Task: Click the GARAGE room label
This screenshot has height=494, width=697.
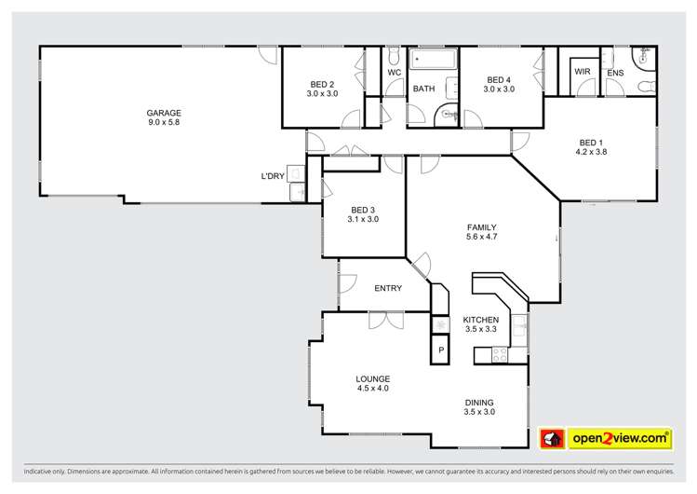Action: click(x=163, y=112)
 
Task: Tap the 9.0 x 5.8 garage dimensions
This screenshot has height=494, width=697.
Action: click(x=163, y=122)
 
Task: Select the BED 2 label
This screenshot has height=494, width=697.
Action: click(x=323, y=84)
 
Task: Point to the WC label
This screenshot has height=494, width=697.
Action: click(x=394, y=72)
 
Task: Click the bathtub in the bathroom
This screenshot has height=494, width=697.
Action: click(x=433, y=61)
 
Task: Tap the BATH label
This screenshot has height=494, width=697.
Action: click(x=423, y=89)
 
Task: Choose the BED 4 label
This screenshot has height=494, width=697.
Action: click(x=499, y=79)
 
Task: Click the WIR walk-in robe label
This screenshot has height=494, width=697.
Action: click(x=583, y=72)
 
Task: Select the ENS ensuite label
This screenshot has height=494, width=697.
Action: click(x=615, y=73)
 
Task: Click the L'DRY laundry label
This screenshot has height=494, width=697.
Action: click(x=272, y=176)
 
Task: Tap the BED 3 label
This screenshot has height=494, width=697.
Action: click(x=364, y=209)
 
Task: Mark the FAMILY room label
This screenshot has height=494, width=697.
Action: click(x=481, y=227)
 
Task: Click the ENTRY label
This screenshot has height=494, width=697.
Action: click(x=388, y=288)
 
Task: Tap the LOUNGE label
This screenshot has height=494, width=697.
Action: click(x=372, y=378)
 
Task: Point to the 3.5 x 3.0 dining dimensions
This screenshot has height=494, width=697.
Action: click(x=480, y=412)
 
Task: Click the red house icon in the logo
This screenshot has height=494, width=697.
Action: click(x=552, y=437)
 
